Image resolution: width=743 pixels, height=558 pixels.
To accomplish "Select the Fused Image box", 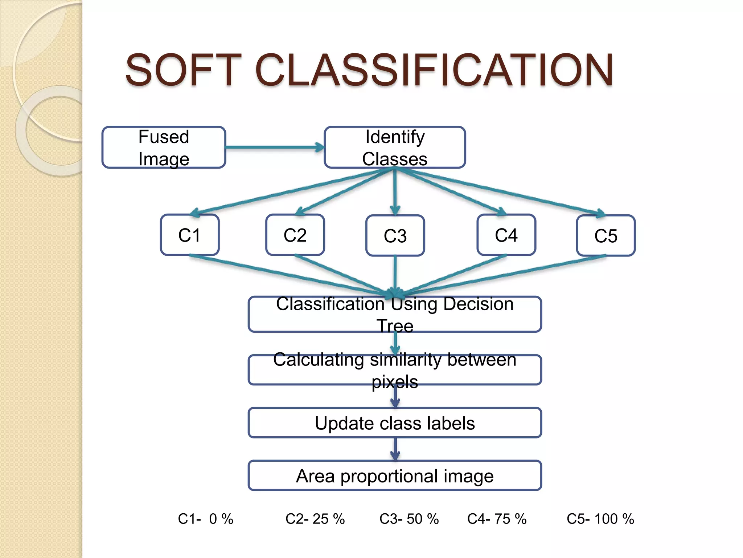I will (x=164, y=147).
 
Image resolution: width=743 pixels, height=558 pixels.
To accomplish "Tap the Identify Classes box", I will (x=395, y=147).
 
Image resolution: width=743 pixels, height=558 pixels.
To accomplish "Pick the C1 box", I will (x=189, y=235).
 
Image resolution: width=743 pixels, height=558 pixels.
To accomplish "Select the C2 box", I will (x=295, y=235).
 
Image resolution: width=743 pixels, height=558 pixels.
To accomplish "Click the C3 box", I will (x=395, y=236).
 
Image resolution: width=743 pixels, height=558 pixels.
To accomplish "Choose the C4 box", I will (x=506, y=235).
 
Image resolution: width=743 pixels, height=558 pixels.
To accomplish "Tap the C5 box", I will (x=606, y=236).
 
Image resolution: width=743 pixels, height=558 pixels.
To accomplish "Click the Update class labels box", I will (x=395, y=423).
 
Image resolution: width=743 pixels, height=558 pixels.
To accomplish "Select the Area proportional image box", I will (x=395, y=476).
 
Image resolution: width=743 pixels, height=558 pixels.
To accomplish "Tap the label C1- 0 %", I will (x=205, y=519).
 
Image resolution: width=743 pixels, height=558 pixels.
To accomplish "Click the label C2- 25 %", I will (x=315, y=519).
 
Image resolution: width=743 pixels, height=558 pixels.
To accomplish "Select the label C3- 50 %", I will (x=409, y=519).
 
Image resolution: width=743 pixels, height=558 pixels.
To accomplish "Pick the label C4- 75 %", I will (x=497, y=519).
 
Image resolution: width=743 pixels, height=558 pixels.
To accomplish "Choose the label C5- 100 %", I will (x=600, y=519).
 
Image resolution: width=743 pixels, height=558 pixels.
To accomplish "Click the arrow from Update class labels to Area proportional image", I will (x=395, y=449).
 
